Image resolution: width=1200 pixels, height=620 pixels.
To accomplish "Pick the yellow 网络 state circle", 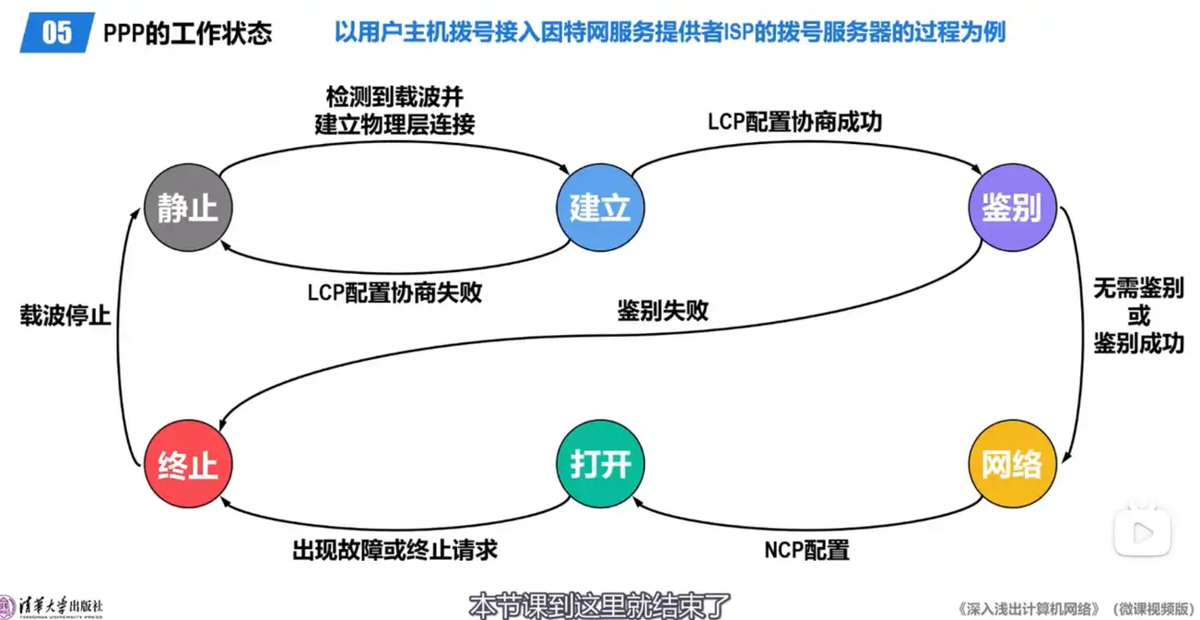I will (x=1011, y=464).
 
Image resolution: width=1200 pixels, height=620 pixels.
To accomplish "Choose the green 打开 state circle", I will (x=600, y=464).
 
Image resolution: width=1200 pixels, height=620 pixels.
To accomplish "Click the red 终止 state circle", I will (x=188, y=464).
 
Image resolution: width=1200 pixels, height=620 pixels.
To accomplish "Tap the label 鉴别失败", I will (x=663, y=310).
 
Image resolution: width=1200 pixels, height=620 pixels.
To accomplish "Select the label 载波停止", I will (x=65, y=316).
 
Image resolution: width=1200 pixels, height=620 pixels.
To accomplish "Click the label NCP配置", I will (x=806, y=551).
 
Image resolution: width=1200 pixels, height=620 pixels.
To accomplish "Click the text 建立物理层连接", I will (x=394, y=125).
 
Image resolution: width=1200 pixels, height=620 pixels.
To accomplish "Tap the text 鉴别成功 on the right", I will (x=1138, y=343).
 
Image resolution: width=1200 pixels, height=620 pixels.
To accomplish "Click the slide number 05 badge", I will (x=57, y=33).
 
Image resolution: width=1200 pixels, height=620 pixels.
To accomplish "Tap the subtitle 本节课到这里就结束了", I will (x=600, y=606).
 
